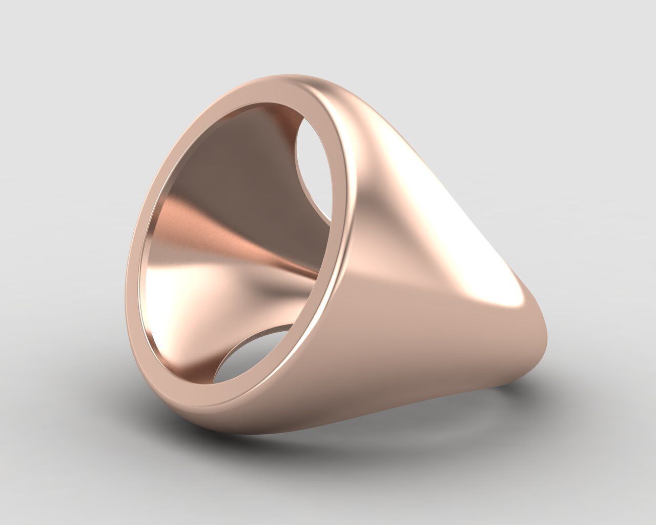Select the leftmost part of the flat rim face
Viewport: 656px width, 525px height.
pyautogui.click(x=134, y=256)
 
